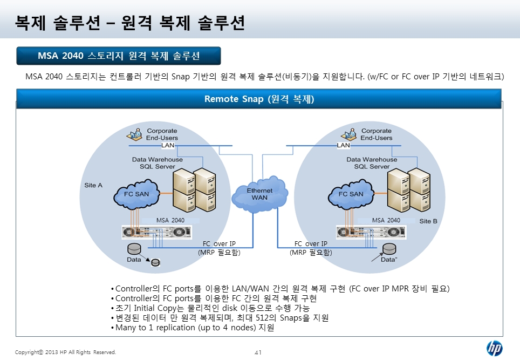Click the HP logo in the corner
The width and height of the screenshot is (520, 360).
[495, 348]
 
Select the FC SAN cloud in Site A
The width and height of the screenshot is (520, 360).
[136, 194]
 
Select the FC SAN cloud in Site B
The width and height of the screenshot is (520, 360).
[351, 194]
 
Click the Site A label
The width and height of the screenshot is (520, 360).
[93, 185]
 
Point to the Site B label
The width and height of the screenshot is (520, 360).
[428, 221]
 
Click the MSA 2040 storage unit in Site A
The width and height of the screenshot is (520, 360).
[156, 232]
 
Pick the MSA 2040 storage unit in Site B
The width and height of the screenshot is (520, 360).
[371, 232]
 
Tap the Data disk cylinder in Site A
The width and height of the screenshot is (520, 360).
[134, 249]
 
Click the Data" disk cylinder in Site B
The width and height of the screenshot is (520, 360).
[389, 249]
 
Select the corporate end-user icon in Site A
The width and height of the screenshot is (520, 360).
[134, 134]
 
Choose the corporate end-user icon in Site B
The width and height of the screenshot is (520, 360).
[348, 134]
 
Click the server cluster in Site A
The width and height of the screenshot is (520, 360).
[194, 190]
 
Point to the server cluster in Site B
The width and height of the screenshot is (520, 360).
[409, 190]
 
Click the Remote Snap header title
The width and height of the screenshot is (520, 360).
[259, 99]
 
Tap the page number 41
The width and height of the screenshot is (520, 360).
[258, 352]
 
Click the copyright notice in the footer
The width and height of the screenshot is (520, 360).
[65, 352]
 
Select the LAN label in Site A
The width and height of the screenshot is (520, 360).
[168, 145]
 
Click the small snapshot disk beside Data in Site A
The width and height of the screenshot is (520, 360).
[155, 262]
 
